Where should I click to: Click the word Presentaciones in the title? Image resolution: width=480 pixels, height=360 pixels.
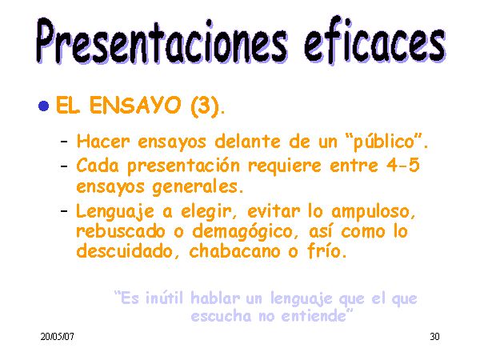[162, 41]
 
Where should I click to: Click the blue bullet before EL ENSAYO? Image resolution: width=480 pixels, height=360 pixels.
[44, 106]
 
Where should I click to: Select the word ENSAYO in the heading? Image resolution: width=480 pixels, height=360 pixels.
[135, 105]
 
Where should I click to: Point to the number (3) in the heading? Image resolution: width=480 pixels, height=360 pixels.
[205, 106]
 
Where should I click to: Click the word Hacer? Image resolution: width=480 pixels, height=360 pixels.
[103, 142]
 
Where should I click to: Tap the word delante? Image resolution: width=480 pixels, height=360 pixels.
[247, 142]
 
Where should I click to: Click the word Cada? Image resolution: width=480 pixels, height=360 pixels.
[98, 166]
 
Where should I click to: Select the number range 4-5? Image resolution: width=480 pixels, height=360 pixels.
[403, 166]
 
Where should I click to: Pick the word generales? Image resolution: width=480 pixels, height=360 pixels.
[194, 187]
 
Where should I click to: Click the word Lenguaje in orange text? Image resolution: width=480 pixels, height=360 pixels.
[114, 211]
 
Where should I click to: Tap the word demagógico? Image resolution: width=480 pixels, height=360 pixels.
[242, 232]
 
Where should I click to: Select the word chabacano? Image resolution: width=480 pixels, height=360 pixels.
[234, 251]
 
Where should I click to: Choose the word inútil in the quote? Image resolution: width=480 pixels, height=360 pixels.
[164, 298]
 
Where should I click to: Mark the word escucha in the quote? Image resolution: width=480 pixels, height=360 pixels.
[221, 316]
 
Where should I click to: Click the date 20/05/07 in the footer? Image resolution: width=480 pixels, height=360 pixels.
[58, 337]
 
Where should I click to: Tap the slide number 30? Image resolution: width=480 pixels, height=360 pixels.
[434, 337]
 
